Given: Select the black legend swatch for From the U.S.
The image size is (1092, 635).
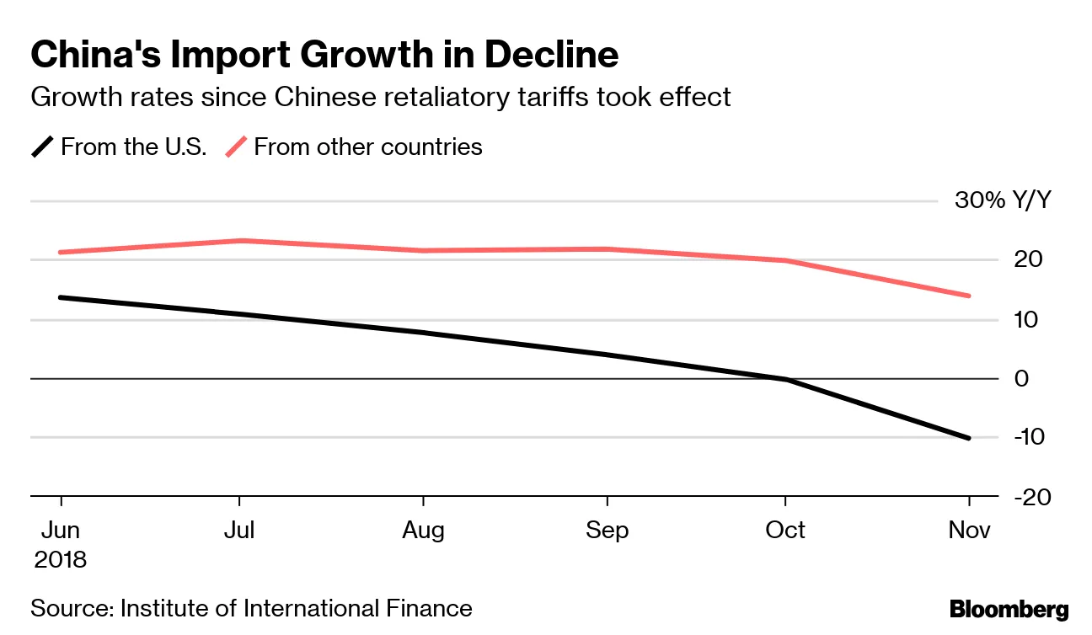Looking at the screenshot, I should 43,147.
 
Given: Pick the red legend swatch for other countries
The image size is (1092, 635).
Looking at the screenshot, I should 236,147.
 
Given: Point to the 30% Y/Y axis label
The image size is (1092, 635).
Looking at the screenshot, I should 1003,200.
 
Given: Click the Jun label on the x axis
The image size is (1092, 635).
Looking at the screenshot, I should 61,530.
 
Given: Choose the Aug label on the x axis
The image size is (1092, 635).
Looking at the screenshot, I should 422,530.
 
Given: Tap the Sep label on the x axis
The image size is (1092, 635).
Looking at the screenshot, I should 607,530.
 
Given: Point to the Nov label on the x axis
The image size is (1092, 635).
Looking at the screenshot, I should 969,530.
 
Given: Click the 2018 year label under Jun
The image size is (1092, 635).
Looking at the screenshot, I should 61,559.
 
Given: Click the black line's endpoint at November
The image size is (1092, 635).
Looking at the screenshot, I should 969,438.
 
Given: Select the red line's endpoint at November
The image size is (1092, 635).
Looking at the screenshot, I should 969,296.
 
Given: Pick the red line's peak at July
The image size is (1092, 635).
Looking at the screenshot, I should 242,241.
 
